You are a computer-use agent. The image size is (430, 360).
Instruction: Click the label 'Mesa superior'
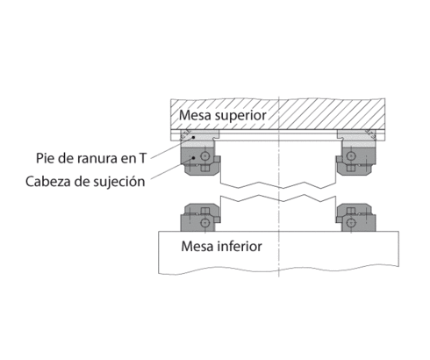pyautogui.click(x=222, y=115)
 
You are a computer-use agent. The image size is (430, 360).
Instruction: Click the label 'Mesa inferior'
pyautogui.click(x=220, y=246)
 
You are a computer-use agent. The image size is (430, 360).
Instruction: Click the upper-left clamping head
pyautogui.click(x=200, y=158)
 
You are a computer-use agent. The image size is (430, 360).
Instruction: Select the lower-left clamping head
pyautogui.click(x=200, y=217)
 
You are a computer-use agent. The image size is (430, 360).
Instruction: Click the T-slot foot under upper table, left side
pyautogui.click(x=200, y=135)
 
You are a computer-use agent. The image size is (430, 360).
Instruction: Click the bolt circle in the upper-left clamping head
pyautogui.click(x=205, y=157)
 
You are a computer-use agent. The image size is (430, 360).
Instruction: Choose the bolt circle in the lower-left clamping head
pyautogui.click(x=205, y=217)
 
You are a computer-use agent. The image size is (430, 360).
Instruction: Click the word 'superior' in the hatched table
pyautogui.click(x=239, y=115)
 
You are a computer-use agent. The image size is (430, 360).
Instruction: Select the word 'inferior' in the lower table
pyautogui.click(x=237, y=246)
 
